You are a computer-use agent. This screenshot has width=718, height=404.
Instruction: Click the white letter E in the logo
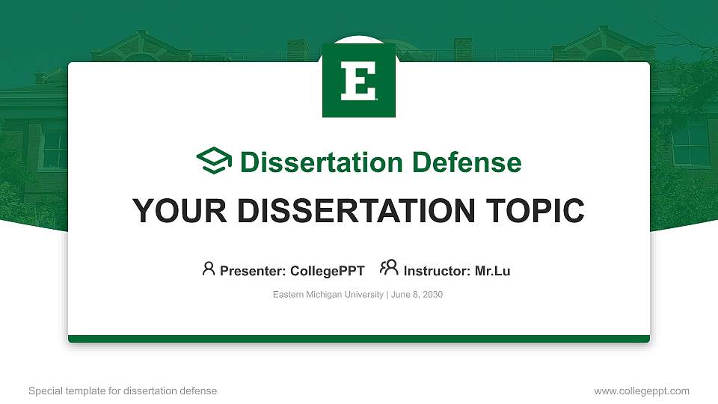tap(358, 81)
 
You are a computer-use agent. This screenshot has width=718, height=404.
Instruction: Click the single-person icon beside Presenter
tap(209, 269)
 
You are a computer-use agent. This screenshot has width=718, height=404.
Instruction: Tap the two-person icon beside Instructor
tap(389, 269)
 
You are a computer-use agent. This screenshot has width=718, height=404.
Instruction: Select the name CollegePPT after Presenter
tap(327, 271)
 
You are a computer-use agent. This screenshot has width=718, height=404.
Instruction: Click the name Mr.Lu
tap(492, 271)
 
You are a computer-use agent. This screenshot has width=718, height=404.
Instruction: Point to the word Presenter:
tap(253, 271)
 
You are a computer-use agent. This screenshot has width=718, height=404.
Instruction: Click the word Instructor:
tap(437, 271)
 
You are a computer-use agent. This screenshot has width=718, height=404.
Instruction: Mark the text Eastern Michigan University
tap(328, 295)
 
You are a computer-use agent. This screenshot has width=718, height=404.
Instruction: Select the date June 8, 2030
tap(417, 295)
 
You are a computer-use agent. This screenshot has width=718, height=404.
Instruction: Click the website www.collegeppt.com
tap(641, 391)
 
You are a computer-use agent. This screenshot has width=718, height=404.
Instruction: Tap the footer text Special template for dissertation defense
tap(123, 391)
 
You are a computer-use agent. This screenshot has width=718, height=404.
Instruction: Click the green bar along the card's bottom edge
tap(359, 339)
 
